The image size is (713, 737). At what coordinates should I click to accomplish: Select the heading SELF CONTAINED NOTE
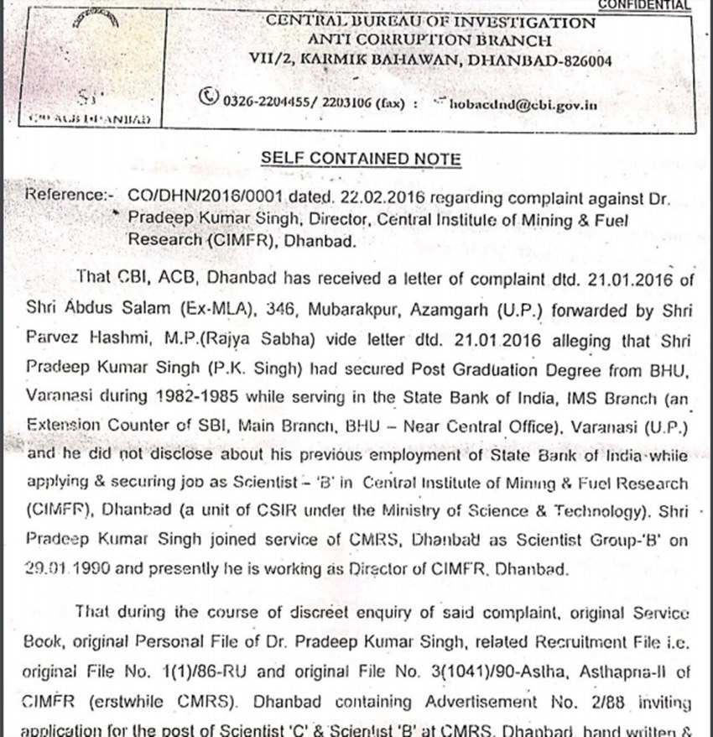[x=361, y=159]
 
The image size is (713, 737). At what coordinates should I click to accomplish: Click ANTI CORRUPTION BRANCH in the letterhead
[x=429, y=39]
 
